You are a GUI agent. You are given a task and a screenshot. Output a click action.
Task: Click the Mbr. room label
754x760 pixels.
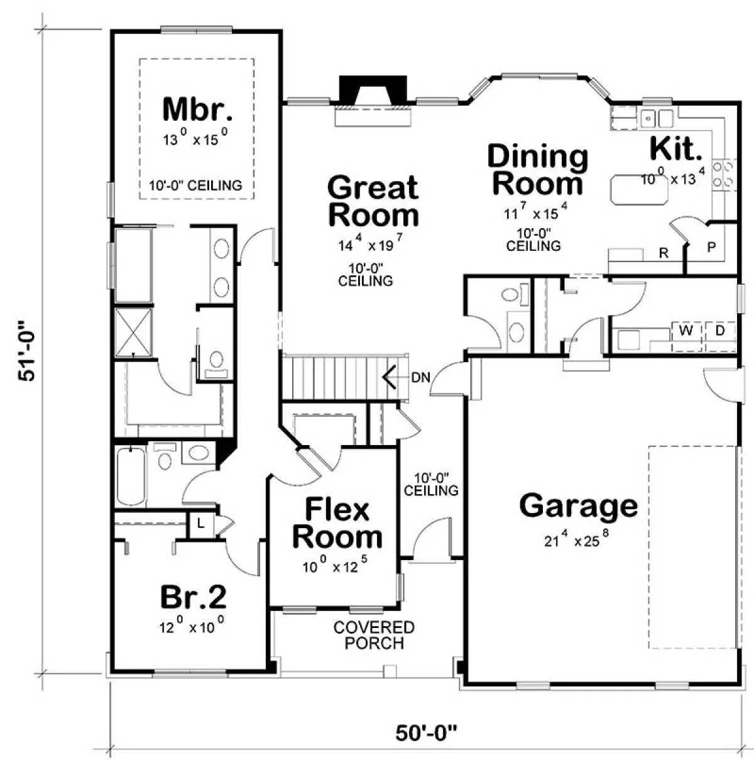[197, 109]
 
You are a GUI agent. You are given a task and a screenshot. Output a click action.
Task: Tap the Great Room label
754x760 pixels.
[373, 201]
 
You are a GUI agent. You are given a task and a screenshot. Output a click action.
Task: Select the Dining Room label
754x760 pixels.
[538, 170]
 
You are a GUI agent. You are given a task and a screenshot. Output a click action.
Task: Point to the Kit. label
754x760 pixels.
[675, 148]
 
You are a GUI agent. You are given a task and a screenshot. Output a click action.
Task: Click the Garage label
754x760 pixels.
[579, 506]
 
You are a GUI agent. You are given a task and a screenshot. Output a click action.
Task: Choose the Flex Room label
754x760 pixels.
[337, 524]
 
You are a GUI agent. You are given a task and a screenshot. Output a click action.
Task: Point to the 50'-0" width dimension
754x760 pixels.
[426, 734]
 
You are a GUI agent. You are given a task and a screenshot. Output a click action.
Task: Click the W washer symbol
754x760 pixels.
[687, 331]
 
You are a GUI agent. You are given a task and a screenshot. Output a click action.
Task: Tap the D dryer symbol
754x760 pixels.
[720, 331]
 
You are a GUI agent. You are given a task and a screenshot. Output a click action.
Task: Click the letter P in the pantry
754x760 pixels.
[711, 247]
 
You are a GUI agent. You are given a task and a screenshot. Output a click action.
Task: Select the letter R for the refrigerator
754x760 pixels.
[664, 253]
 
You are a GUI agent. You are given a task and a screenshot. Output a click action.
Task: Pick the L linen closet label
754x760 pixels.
[200, 524]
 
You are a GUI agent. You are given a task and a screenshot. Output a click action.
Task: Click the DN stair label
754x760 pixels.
[420, 377]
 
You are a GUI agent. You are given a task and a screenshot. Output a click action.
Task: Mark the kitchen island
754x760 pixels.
[639, 189]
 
